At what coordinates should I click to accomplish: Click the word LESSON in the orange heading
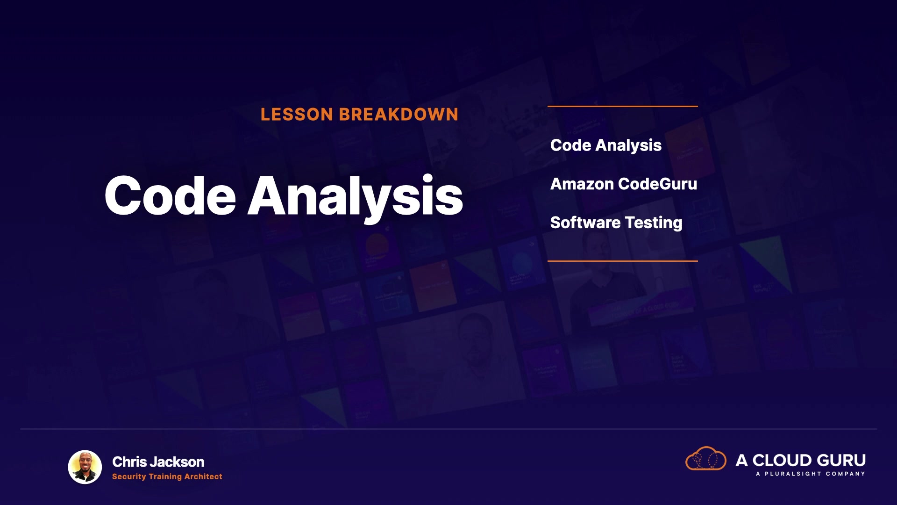pyautogui.click(x=297, y=115)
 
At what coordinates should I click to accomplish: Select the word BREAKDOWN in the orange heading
pyautogui.click(x=399, y=115)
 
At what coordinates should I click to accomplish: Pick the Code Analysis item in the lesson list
pyautogui.click(x=606, y=145)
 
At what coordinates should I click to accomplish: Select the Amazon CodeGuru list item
pyautogui.click(x=624, y=184)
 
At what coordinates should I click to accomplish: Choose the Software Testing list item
pyautogui.click(x=616, y=223)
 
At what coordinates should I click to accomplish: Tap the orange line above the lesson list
pyautogui.click(x=623, y=106)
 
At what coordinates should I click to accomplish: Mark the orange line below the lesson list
pyautogui.click(x=623, y=260)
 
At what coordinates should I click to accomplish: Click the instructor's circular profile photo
pyautogui.click(x=85, y=467)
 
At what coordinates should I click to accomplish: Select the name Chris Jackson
pyautogui.click(x=158, y=462)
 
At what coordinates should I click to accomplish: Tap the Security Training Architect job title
pyautogui.click(x=167, y=476)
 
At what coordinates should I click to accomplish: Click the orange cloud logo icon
pyautogui.click(x=706, y=458)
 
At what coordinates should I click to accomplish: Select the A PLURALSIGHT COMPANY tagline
pyautogui.click(x=811, y=474)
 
